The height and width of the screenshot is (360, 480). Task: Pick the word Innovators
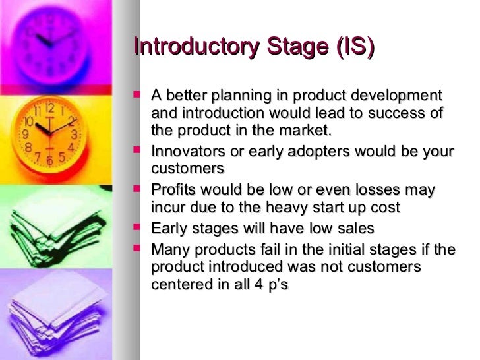tap(187, 152)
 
